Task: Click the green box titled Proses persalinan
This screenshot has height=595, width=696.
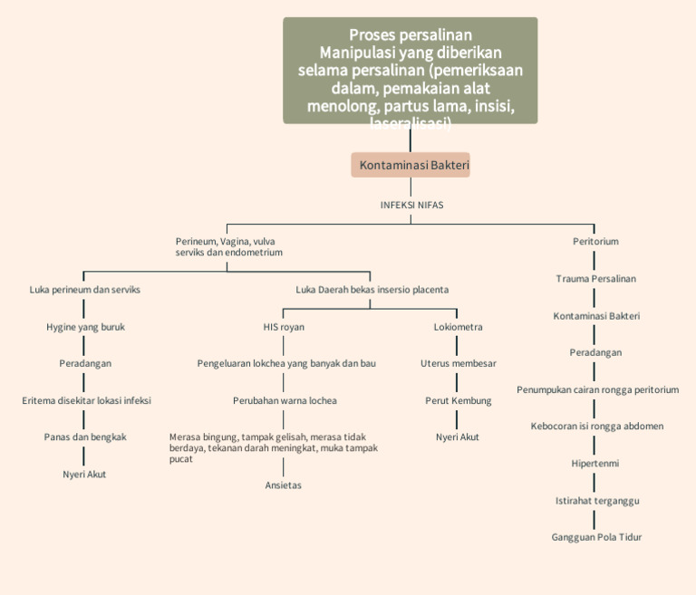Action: pos(410,71)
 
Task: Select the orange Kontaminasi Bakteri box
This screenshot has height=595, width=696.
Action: pos(411,165)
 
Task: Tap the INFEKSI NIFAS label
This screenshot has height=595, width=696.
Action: pos(411,205)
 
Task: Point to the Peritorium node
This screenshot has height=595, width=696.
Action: pos(595,242)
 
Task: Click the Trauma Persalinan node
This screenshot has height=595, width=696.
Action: pos(595,279)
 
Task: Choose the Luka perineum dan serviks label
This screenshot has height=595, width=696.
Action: pos(84,290)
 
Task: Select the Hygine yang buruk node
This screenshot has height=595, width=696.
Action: pos(85,327)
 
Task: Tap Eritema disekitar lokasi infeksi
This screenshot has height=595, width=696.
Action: pos(86,400)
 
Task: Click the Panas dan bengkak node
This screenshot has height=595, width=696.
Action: pos(85,437)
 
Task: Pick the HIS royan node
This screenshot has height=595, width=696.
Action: pos(283,327)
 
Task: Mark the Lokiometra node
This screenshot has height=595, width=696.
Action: pos(458,327)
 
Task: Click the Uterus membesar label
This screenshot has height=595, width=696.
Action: pos(458,363)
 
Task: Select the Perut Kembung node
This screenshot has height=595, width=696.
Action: pos(458,400)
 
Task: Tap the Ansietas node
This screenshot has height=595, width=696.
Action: pos(283,485)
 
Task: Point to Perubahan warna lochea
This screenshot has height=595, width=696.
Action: pos(284,400)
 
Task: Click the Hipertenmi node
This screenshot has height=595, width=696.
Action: pos(595,463)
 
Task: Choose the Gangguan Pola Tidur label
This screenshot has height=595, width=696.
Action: pos(596,537)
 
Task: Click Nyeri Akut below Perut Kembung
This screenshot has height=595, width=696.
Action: pos(458,437)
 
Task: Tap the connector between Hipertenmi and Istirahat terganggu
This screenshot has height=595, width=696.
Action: pos(595,482)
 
